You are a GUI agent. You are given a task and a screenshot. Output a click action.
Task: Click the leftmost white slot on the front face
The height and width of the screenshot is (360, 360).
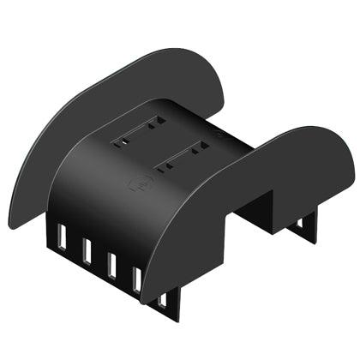pyautogui.click(x=60, y=235)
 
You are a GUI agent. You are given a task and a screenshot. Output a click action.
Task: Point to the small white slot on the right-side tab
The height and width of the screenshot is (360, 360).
pyautogui.click(x=301, y=225)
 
